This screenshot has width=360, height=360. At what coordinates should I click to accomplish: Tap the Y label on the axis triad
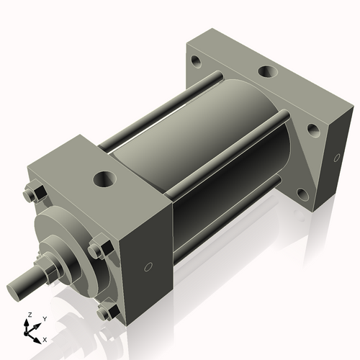44,318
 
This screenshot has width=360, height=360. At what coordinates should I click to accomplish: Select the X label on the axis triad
45,338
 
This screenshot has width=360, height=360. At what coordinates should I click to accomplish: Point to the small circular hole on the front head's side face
148,267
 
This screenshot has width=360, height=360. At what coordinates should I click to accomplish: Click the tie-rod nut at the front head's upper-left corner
30,194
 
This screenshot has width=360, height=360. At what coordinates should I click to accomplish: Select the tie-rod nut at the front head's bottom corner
105,312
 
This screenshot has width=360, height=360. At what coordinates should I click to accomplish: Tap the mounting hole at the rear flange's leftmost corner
196,62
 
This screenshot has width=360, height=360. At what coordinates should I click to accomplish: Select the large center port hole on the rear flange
266,72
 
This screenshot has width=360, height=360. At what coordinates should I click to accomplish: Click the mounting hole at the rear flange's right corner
313,130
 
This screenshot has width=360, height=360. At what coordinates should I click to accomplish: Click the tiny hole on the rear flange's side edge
336,158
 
